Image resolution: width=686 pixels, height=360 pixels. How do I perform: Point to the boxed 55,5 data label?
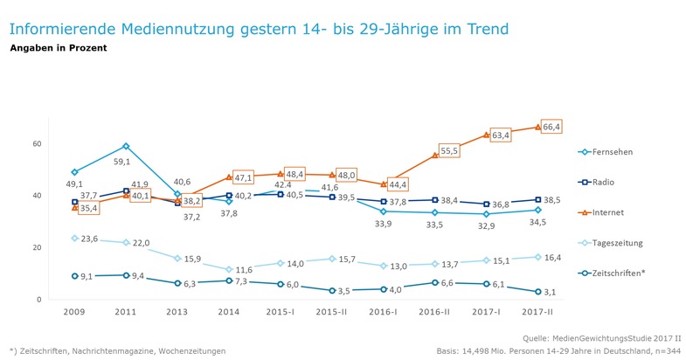448,150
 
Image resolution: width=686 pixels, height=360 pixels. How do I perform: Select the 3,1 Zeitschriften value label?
551,292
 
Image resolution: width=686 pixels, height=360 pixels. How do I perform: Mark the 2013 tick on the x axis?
177,312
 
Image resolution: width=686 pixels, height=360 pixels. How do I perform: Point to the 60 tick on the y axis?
37,143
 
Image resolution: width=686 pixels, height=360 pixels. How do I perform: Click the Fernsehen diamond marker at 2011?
126,146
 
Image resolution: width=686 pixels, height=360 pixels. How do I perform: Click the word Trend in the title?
482,28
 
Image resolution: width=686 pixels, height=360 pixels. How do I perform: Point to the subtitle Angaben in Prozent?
58,48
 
